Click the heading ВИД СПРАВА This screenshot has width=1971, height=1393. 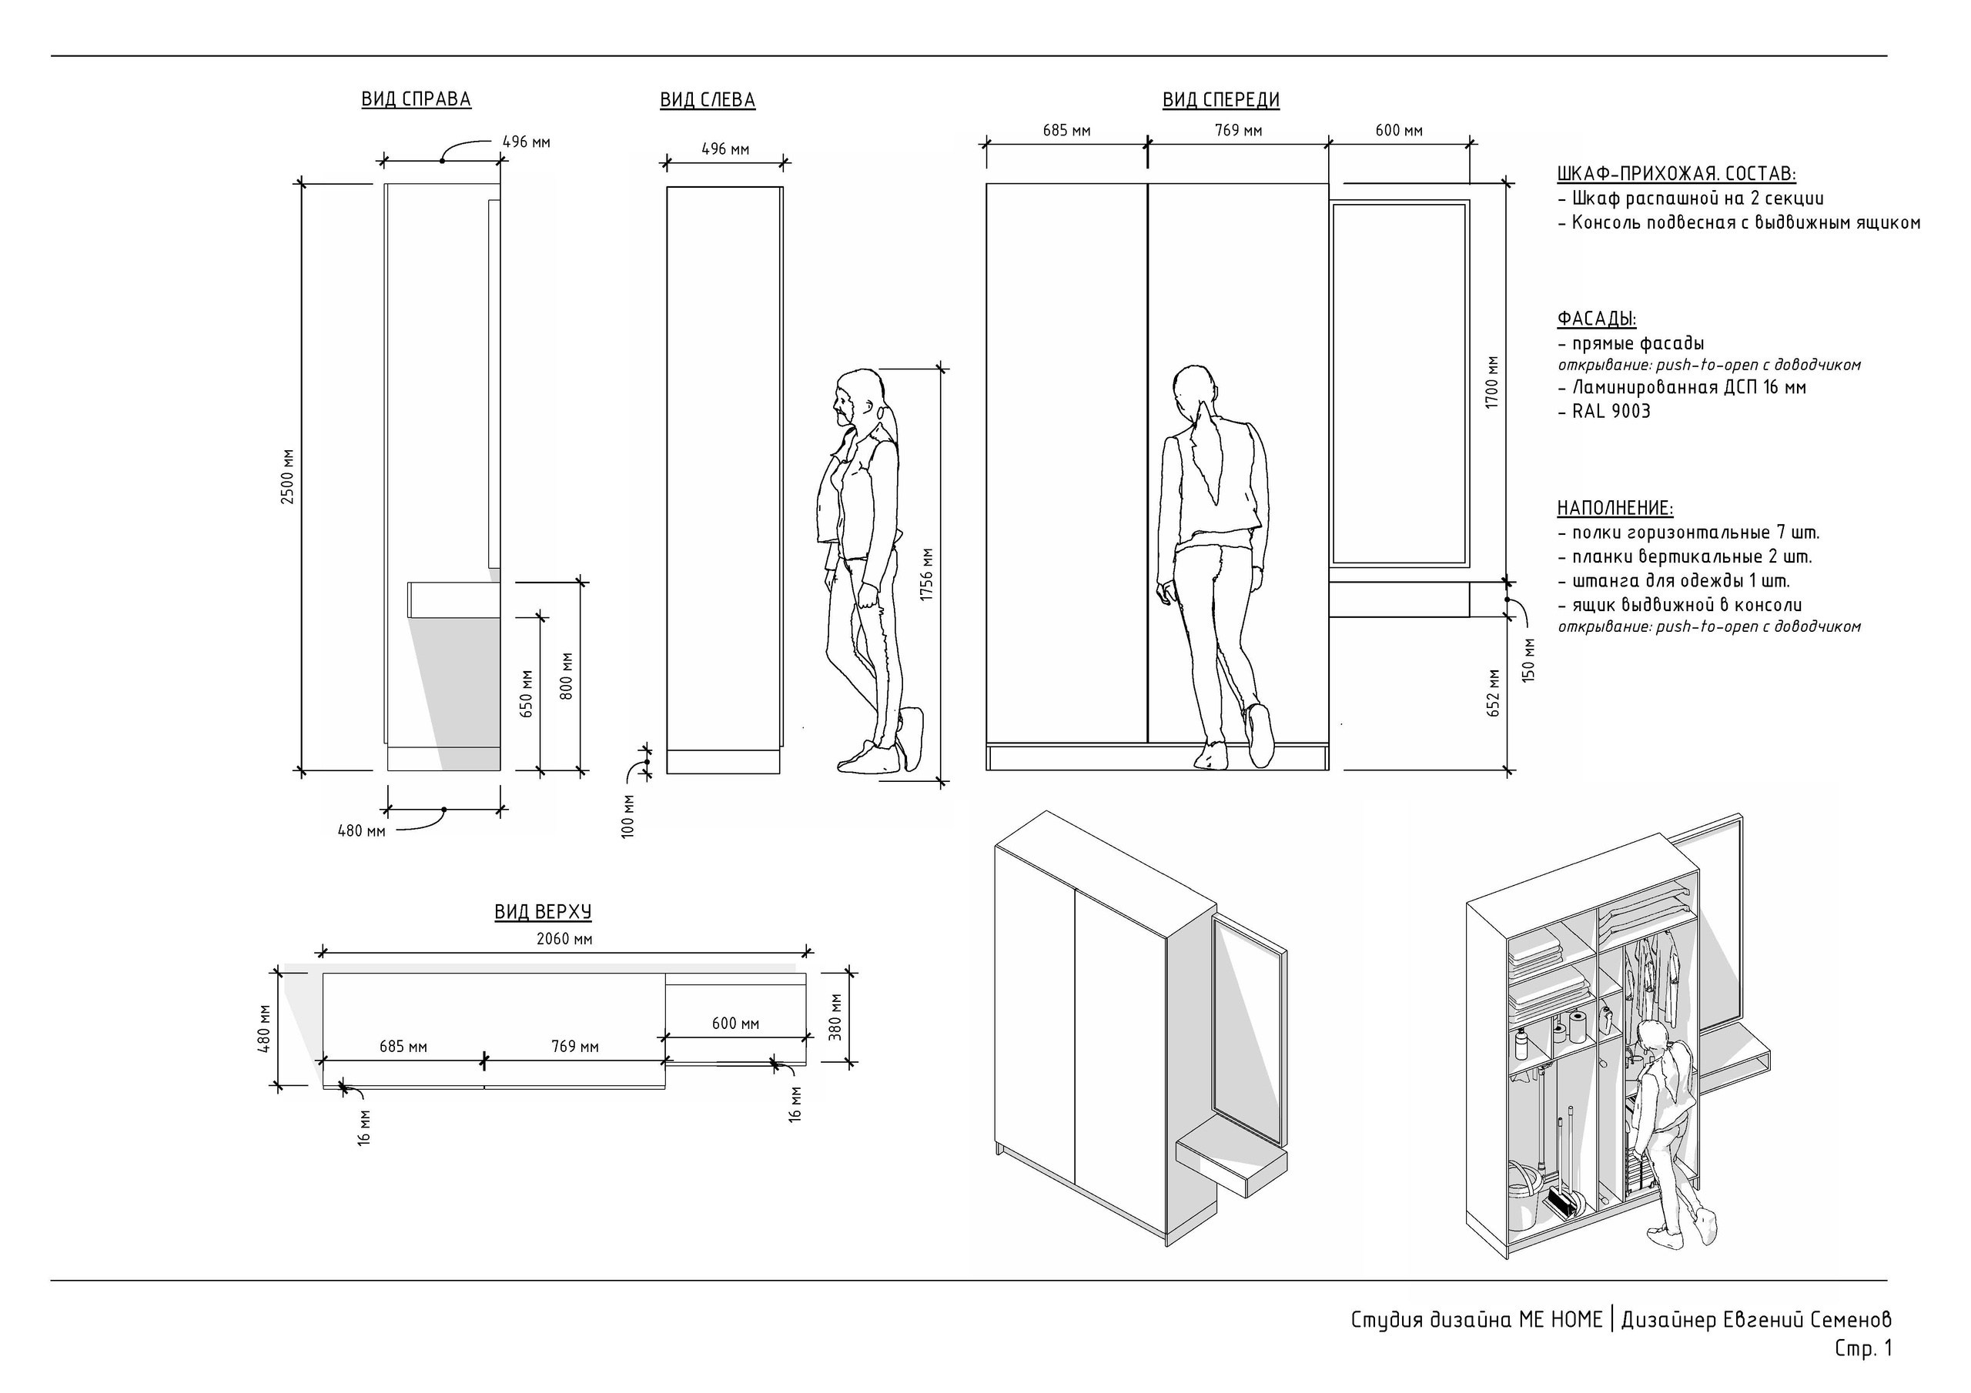point(417,99)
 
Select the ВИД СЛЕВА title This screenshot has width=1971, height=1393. point(708,100)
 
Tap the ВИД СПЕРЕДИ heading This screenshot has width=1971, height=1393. point(1221,100)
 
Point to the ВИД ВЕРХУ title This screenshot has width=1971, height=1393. point(543,911)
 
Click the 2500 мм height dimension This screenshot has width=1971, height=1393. point(288,476)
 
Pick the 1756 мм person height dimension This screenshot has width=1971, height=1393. point(926,574)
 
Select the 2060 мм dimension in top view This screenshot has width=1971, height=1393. point(564,939)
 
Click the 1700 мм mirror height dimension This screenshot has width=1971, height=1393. point(1492,382)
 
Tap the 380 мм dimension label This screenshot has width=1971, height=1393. point(836,1017)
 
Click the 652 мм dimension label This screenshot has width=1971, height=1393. point(1494,693)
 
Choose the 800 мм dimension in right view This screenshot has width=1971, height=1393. point(566,676)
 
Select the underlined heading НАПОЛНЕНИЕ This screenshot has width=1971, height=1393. point(1615,508)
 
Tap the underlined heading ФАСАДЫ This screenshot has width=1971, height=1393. point(1597,319)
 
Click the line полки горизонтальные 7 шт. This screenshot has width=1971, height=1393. point(1688,532)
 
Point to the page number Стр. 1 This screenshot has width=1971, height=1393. point(1864,1348)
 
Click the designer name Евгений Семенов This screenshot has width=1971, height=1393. point(1807,1319)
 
